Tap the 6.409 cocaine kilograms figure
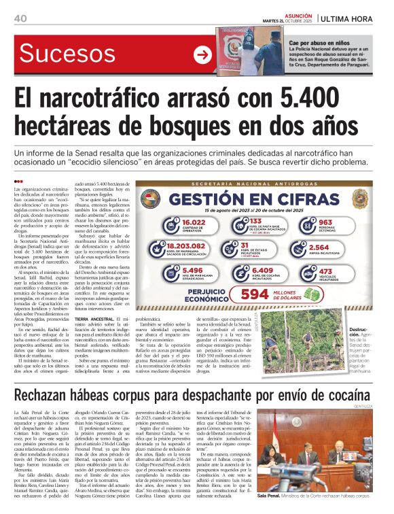264,272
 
